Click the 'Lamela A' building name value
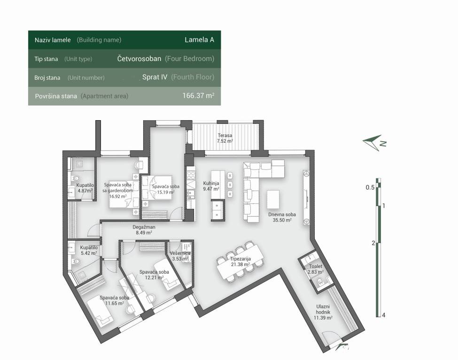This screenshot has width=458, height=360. pos(199,40)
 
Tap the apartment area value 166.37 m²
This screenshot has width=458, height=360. pos(198,95)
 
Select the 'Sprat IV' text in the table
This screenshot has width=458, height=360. pos(155,77)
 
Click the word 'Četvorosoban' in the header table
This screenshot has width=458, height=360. pos(139,58)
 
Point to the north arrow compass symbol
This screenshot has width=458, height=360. pos(374,143)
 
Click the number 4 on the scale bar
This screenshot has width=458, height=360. pos(383,315)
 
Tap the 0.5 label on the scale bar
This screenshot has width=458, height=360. pos(370,187)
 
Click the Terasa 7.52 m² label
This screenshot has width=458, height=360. pos(225,138)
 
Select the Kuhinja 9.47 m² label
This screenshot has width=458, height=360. pos(211,186)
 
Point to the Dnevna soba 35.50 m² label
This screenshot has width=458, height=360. pos(282,217)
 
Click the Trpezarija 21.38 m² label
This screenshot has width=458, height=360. pos(240,261)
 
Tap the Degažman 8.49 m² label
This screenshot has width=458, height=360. pos(144,230)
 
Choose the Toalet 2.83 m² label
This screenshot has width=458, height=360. pos(316,269)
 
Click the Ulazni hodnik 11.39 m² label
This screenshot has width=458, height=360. pos(323,312)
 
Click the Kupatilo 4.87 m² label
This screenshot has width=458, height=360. pos(85,188)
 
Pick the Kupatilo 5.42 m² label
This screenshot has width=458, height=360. pos(89,250)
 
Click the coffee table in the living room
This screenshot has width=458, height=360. pos(273,199)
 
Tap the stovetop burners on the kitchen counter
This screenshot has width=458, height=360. pos(191,175)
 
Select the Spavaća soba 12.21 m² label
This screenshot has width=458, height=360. pos(154,275)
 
